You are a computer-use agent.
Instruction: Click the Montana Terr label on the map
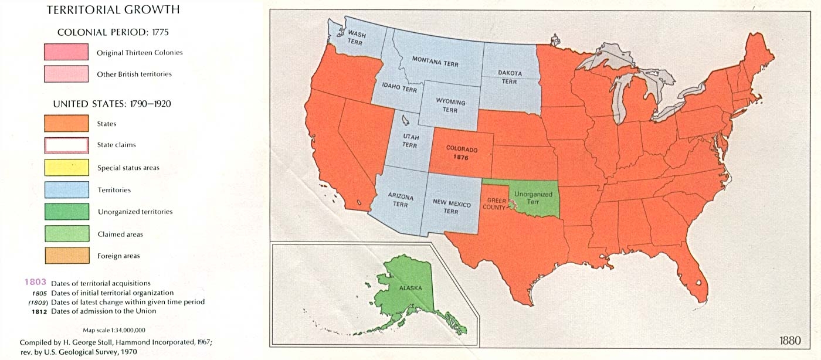[x=435, y=61]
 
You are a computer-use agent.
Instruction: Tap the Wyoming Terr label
[x=450, y=106]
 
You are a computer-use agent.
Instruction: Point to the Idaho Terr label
[x=399, y=88]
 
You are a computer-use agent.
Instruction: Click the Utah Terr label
[x=410, y=141]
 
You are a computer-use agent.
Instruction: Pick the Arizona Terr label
[x=401, y=201]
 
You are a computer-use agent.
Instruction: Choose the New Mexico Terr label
[x=452, y=206]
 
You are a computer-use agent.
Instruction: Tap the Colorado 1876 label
[x=462, y=154]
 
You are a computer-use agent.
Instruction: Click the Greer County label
[x=494, y=203]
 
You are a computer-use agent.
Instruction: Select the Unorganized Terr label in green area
[x=532, y=197]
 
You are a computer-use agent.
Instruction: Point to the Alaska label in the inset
[x=410, y=288]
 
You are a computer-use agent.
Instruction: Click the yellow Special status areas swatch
[x=66, y=168]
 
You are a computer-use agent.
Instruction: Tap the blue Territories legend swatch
[x=66, y=190]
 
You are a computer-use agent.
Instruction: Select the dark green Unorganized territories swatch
[x=66, y=212]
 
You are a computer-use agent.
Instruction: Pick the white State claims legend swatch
[x=66, y=145]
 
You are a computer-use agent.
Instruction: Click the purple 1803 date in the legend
[x=35, y=283]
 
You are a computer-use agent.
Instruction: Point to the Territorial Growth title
[x=113, y=10]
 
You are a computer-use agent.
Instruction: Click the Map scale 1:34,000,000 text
[x=114, y=330]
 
